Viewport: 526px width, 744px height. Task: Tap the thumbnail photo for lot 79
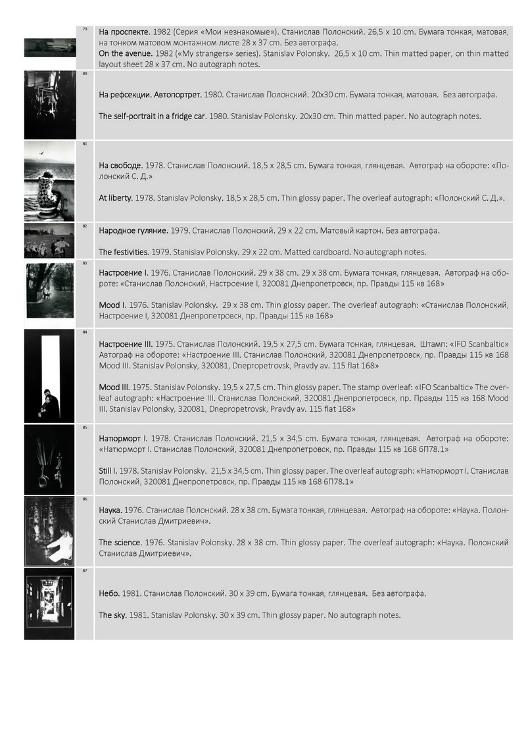[x=50, y=47]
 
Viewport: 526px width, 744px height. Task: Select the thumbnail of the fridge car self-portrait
[x=50, y=105]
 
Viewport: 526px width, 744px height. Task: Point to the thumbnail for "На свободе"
[x=50, y=180]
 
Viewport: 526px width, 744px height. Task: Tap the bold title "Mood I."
[x=112, y=305]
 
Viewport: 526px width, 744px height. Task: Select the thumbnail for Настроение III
[x=50, y=375]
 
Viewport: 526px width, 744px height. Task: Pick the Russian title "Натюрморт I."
[x=123, y=437]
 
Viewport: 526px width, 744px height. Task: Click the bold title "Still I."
[x=112, y=470]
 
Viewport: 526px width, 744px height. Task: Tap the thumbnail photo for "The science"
[x=50, y=530]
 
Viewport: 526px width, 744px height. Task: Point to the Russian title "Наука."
[x=112, y=510]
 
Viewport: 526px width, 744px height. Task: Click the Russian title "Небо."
[x=109, y=593]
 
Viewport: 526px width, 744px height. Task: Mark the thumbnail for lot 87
[x=50, y=603]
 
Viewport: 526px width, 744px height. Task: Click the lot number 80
[x=85, y=74]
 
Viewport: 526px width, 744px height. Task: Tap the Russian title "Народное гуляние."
[x=136, y=231]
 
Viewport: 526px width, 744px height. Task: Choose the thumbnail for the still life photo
[x=50, y=459]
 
